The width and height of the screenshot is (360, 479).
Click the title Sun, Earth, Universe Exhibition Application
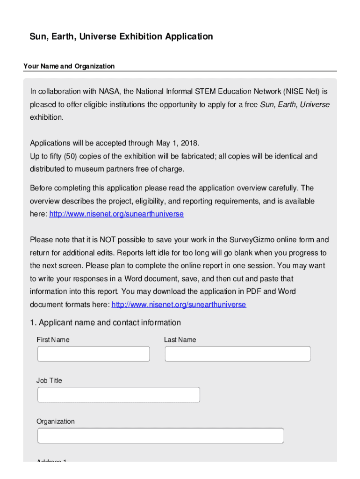122,36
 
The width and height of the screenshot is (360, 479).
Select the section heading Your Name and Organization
69,66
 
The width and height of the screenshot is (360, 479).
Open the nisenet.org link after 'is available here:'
116,214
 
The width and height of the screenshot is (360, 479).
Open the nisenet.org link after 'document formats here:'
179,305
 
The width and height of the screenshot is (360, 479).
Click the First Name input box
94,354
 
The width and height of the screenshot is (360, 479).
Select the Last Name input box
238,354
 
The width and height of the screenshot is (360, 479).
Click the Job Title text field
118,395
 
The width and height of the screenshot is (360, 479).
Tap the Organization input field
160,436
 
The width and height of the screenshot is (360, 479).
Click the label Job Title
49,381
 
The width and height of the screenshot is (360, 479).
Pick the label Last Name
180,340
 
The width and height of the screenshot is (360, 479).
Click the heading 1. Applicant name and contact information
105,323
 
